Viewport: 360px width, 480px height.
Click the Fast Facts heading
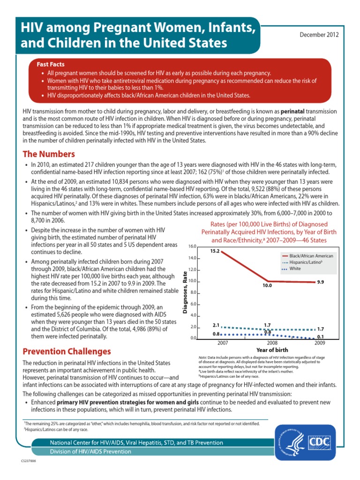click(x=51, y=64)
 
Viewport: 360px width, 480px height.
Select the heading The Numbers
click(x=49, y=154)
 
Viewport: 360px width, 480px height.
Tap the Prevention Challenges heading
click(x=67, y=351)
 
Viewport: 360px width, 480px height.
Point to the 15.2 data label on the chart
click(x=215, y=251)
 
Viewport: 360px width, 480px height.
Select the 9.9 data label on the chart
click(x=321, y=283)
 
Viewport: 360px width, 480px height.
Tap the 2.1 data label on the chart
click(x=216, y=324)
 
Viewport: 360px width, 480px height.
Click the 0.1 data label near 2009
click(x=321, y=337)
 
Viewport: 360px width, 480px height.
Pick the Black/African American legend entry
click(x=308, y=256)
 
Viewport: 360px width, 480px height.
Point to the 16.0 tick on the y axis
click(x=192, y=246)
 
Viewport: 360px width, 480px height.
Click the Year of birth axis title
click(x=272, y=350)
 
